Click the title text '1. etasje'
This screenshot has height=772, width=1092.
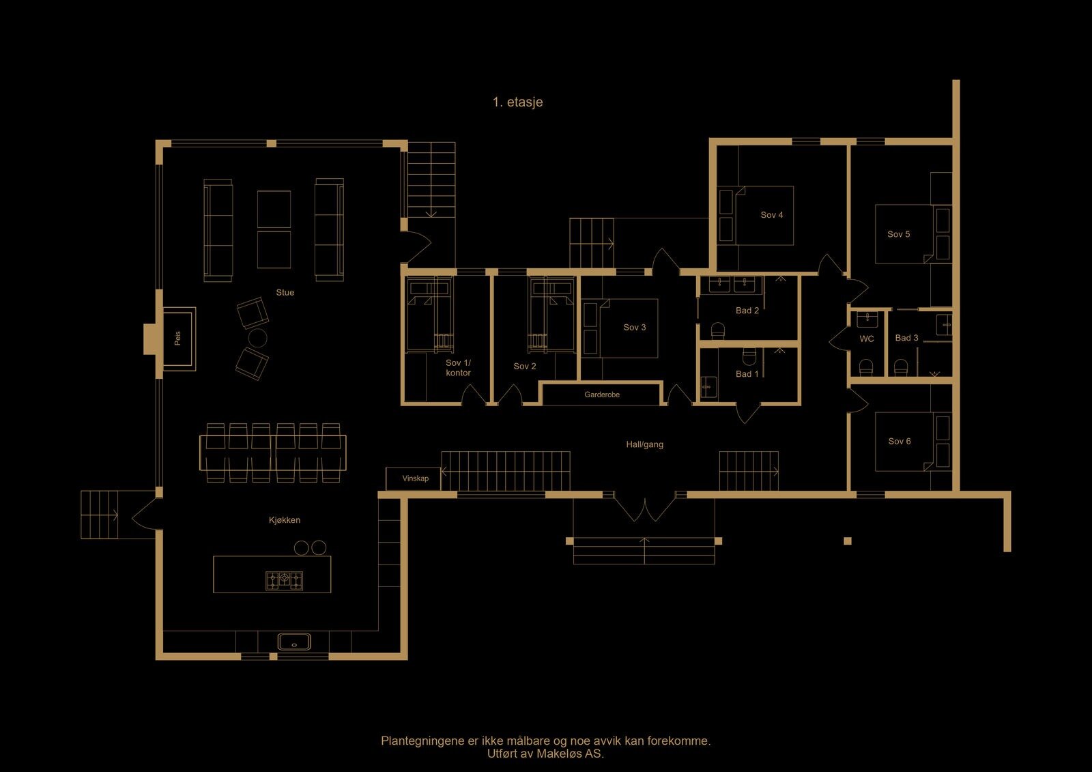pyautogui.click(x=517, y=102)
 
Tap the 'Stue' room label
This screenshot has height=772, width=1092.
pyautogui.click(x=285, y=293)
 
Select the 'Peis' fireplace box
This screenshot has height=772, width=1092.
pyautogui.click(x=179, y=339)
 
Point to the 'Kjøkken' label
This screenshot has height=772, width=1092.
pyautogui.click(x=285, y=520)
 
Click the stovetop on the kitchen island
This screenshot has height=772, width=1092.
pyautogui.click(x=284, y=581)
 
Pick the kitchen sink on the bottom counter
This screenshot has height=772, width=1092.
pyautogui.click(x=294, y=642)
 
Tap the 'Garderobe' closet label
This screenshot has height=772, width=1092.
pyautogui.click(x=602, y=395)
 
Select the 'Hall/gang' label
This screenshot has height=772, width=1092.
pyautogui.click(x=644, y=444)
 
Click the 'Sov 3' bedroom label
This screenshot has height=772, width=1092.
pyautogui.click(x=634, y=327)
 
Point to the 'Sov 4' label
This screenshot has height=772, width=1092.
pyautogui.click(x=772, y=215)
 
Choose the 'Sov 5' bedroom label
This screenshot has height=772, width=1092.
pyautogui.click(x=898, y=234)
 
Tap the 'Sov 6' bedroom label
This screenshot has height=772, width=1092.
pyautogui.click(x=900, y=442)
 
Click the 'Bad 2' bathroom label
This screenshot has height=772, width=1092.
pyautogui.click(x=747, y=310)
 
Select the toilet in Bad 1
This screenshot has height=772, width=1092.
pyautogui.click(x=749, y=356)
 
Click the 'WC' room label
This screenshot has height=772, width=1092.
pyautogui.click(x=867, y=339)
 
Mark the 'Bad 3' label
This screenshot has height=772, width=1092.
pyautogui.click(x=907, y=338)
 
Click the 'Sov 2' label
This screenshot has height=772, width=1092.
pyautogui.click(x=525, y=367)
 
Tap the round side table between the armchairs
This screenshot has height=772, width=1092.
pyautogui.click(x=257, y=337)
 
